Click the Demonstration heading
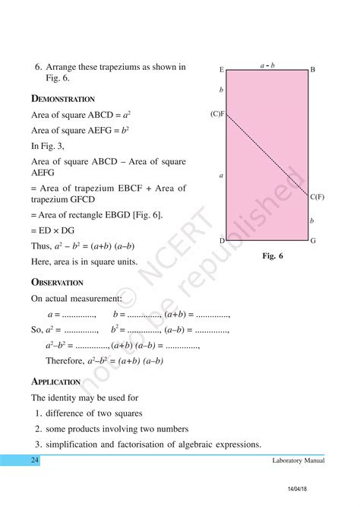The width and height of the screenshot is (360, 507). point(63,99)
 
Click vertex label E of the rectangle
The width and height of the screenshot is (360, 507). point(222,70)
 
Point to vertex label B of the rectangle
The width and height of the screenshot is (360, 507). point(312,70)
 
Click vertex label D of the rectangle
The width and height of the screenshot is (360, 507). point(222,240)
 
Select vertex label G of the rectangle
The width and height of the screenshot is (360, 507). point(312,240)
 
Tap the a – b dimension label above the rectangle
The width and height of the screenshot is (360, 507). point(267,65)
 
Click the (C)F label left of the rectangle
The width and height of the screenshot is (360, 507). point(218,114)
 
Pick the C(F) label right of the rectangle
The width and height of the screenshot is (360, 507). point(317,197)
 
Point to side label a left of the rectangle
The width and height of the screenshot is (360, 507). point(221,176)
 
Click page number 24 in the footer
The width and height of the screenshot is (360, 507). point(35,461)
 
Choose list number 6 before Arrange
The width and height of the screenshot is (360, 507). point(38,67)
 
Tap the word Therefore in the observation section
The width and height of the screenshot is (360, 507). point(66,360)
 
